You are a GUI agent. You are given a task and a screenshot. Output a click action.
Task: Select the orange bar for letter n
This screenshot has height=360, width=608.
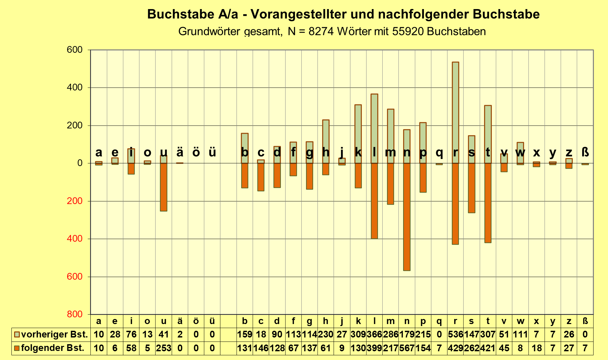coord(406,217)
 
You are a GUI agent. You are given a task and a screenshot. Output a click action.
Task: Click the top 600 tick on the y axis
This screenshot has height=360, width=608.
coord(75,50)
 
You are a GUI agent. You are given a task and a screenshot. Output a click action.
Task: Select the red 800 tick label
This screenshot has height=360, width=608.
coord(75,314)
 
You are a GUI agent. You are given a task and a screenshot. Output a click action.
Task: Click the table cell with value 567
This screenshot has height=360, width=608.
coord(406,348)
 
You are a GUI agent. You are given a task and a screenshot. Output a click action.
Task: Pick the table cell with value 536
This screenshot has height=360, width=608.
coord(455,335)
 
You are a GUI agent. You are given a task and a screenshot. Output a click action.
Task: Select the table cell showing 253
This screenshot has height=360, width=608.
coord(164,348)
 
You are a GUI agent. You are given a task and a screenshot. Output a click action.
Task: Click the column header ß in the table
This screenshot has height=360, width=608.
coord(585,321)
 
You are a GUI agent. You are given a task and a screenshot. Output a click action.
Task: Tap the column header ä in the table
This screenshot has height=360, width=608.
coord(180,321)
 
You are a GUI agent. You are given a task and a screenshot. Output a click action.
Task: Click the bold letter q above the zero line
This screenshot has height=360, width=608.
coord(439,152)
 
